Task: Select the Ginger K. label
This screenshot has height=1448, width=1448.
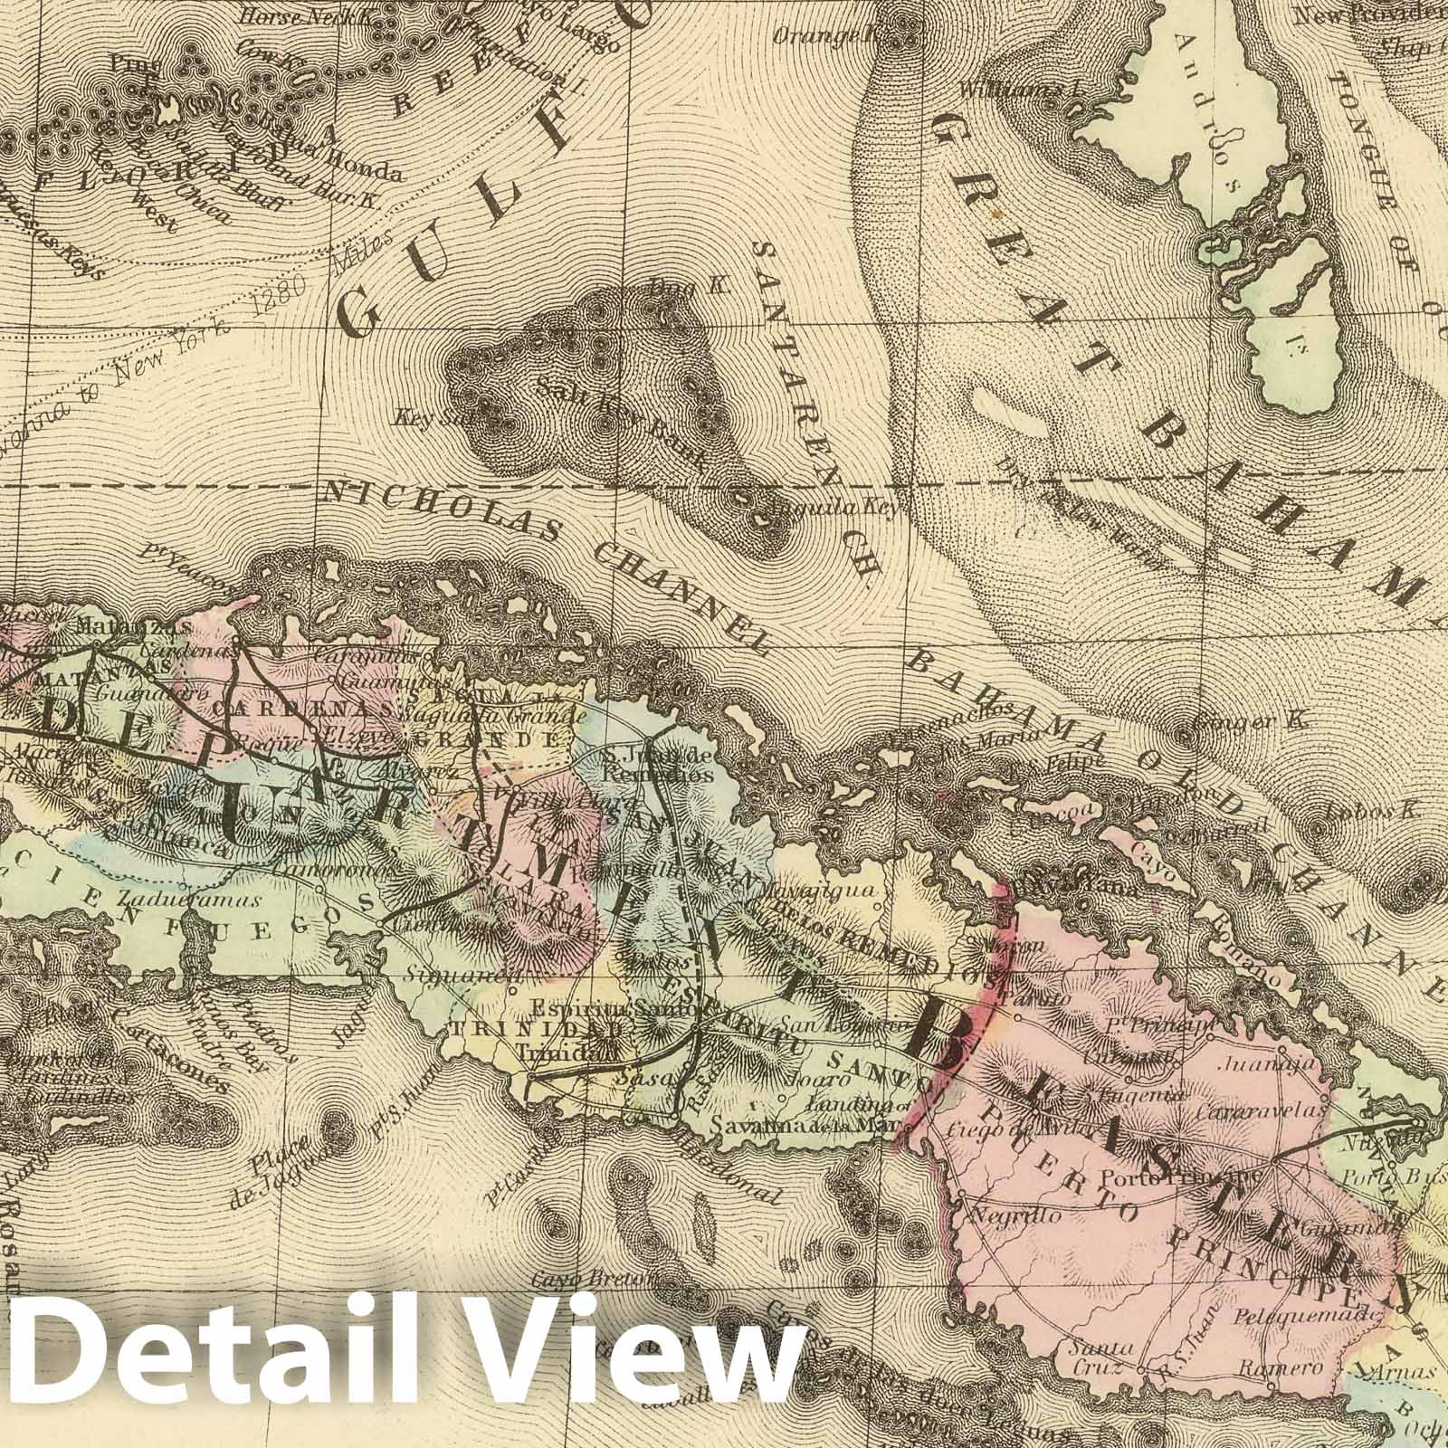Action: tap(1240, 722)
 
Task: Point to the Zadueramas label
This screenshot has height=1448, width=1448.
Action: tap(190, 900)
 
